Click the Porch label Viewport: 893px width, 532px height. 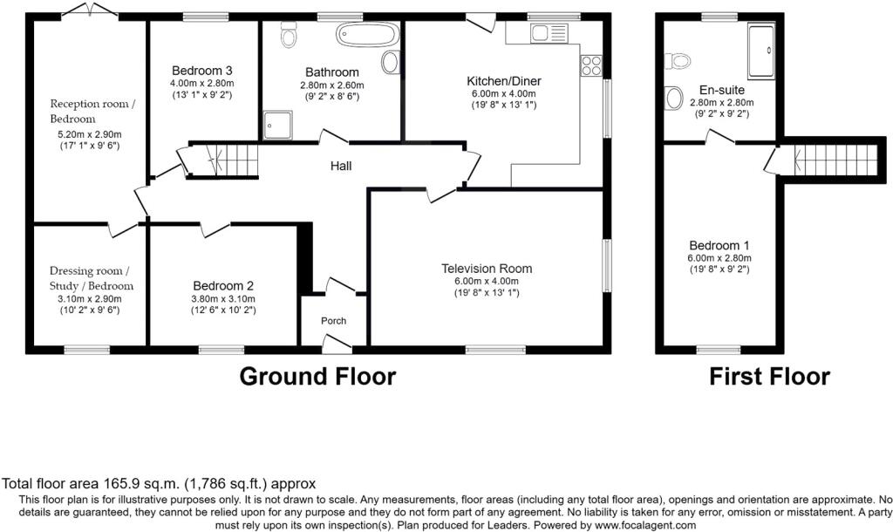tap(333, 321)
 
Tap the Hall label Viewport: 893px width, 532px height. tap(340, 166)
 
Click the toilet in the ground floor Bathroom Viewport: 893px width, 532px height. tap(290, 36)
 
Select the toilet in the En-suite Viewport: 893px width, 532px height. tap(678, 60)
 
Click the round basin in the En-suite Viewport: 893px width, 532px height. tap(673, 98)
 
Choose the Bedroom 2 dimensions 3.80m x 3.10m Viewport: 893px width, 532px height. tap(224, 298)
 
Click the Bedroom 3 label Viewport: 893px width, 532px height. tap(201, 71)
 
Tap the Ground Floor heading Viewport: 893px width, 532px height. tap(317, 377)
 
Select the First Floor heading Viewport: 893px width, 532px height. tap(769, 377)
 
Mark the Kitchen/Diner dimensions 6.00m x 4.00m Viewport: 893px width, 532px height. tap(504, 93)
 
